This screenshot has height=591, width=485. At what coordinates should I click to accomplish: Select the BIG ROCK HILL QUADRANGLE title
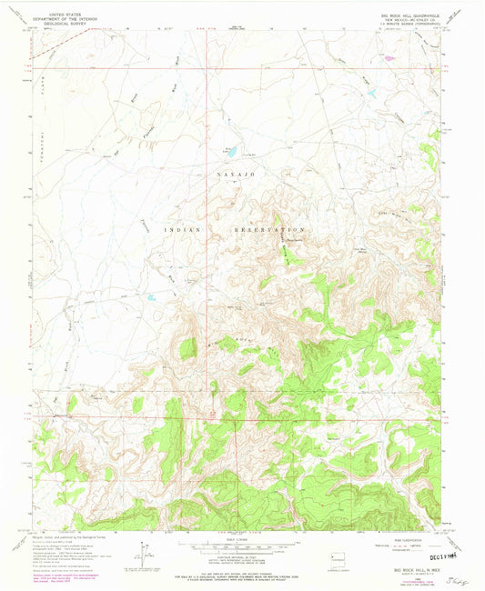[x=409, y=15]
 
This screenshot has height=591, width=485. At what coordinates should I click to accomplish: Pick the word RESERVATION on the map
[x=269, y=231]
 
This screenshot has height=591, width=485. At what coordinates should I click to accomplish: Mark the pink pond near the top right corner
[x=389, y=58]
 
